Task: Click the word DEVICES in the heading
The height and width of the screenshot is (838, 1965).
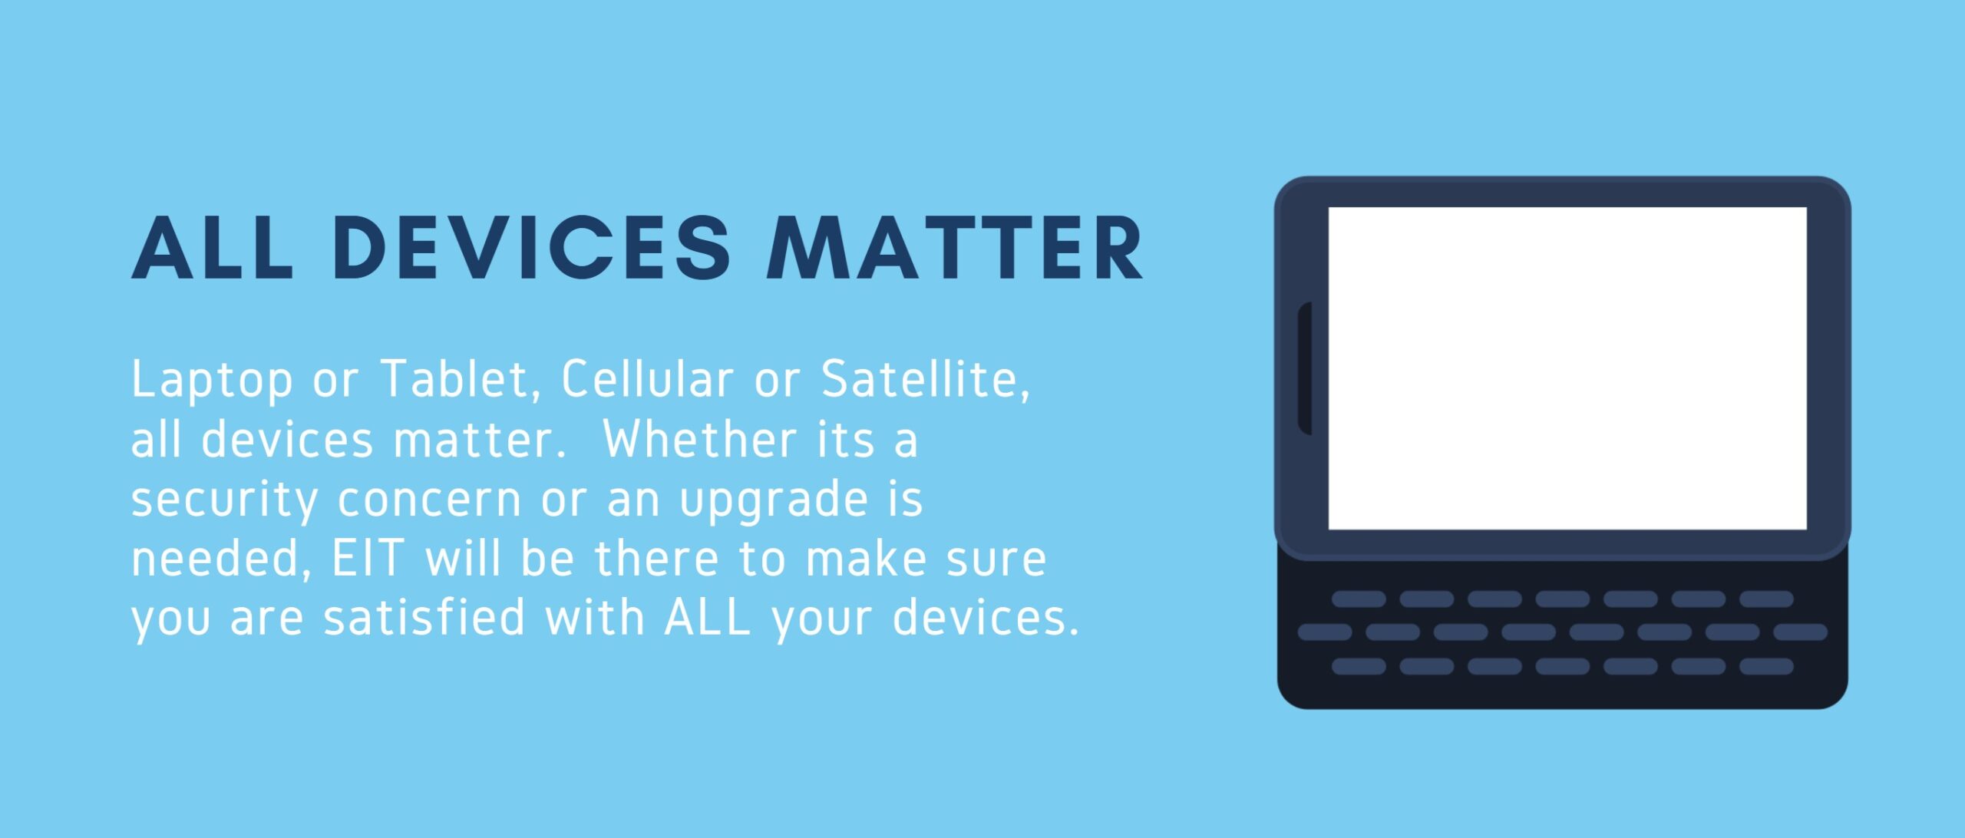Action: coord(531,247)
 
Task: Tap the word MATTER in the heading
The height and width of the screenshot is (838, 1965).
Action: coord(956,247)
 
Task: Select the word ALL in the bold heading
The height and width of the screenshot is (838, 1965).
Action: coord(213,247)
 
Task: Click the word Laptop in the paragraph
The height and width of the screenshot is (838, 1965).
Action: coord(212,381)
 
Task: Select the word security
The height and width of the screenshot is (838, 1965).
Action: coord(224,501)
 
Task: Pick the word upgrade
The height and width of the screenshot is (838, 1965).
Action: coord(774,501)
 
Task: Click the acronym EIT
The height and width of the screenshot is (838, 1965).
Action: coord(367,558)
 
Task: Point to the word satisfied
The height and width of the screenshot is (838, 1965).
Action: coord(424,617)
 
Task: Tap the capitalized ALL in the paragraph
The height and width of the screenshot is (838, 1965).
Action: coord(707,617)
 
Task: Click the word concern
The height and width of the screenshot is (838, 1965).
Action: coord(430,500)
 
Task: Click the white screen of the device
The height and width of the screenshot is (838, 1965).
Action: coord(1567,368)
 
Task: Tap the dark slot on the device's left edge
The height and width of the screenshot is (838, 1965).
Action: coord(1305,368)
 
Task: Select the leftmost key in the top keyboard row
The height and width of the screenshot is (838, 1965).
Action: coord(1359,599)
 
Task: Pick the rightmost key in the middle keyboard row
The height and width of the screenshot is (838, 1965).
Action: coord(1801,632)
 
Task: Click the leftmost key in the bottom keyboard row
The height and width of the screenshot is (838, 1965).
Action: coord(1359,666)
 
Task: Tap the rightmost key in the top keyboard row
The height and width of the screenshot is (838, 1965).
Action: coord(1766,599)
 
